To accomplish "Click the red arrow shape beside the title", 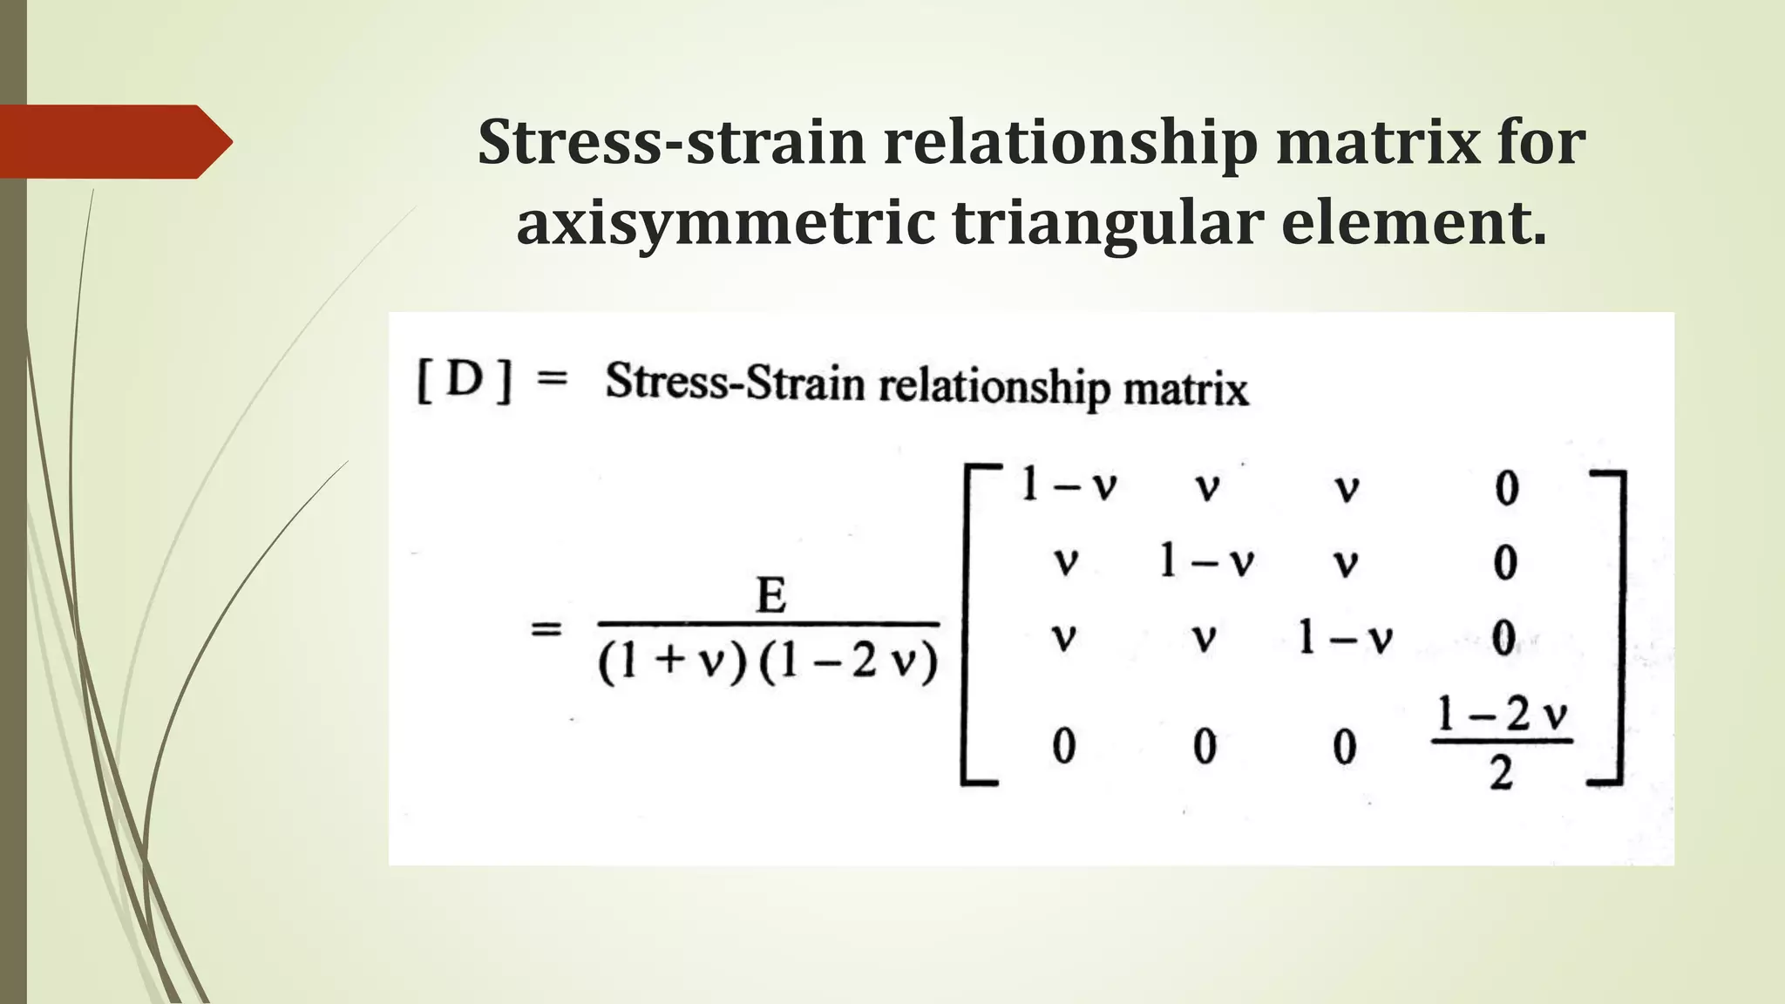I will (113, 141).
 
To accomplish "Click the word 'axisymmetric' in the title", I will (723, 223).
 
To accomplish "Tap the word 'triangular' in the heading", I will (1106, 223).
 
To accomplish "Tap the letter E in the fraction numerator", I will (771, 597).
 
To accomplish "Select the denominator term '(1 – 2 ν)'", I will (848, 663).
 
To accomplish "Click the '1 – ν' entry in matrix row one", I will (1069, 485).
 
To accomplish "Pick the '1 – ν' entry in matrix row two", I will (1206, 561).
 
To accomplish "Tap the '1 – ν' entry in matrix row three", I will (1345, 638).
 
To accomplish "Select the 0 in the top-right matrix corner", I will (1507, 488).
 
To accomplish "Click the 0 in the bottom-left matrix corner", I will (1063, 747).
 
